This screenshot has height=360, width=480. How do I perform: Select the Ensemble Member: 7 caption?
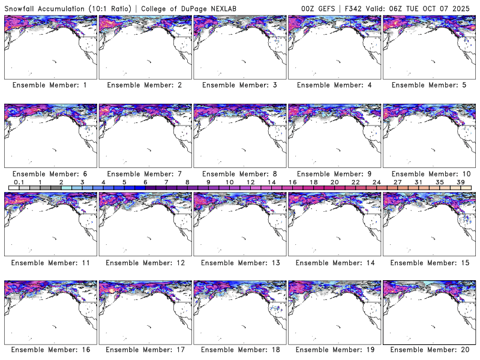click(x=145, y=173)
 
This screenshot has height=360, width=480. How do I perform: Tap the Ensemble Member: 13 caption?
click(x=239, y=262)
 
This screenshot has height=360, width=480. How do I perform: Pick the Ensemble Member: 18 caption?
click(x=239, y=350)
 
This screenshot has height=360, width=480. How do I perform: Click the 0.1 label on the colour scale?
click(x=19, y=182)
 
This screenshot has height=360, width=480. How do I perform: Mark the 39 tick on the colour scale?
click(x=461, y=182)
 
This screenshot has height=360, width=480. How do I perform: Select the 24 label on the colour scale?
click(x=376, y=182)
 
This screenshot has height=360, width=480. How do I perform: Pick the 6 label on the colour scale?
click(x=145, y=182)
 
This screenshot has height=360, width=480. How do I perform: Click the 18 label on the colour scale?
click(x=313, y=182)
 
